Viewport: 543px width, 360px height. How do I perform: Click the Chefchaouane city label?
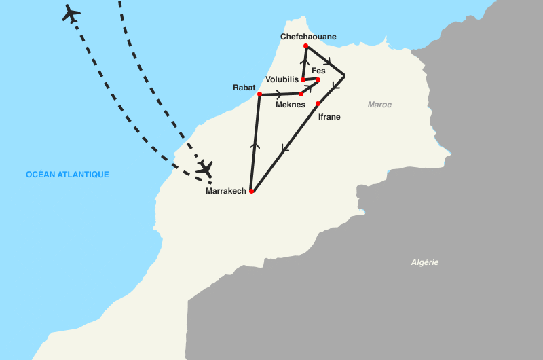(308, 37)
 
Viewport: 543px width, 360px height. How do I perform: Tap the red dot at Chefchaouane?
(306, 46)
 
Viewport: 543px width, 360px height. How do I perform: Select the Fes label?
(318, 71)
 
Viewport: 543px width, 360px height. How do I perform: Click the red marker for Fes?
(318, 79)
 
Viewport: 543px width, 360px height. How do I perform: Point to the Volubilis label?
(282, 79)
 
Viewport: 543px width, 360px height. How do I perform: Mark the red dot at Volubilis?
(303, 80)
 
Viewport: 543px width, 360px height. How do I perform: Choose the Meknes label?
(290, 105)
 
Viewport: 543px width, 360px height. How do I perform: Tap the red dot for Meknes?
(301, 94)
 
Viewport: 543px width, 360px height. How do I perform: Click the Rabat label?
(244, 87)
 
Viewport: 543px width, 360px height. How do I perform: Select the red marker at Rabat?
(259, 94)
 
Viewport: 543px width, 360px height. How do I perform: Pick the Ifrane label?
(329, 117)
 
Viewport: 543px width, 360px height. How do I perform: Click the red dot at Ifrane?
(318, 103)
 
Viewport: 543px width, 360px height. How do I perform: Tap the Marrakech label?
(225, 192)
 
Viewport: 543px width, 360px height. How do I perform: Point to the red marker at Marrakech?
(251, 192)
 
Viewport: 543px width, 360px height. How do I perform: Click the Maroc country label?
(379, 105)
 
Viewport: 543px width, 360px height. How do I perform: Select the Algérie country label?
(425, 262)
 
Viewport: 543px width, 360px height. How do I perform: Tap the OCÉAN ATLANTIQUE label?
(67, 175)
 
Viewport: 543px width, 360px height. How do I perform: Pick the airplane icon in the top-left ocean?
(71, 13)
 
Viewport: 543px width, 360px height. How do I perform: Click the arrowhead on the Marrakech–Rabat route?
(255, 144)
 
